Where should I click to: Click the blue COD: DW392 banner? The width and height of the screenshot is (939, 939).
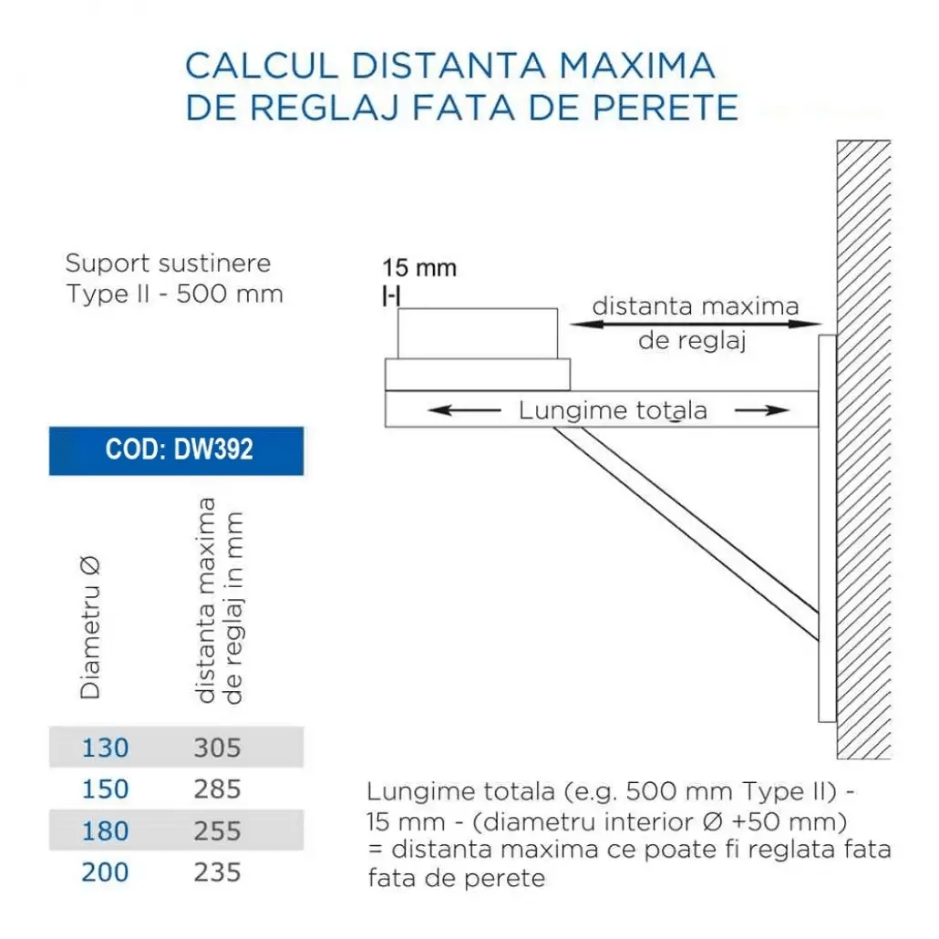coord(176,450)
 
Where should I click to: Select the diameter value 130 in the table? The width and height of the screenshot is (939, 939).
coord(106,748)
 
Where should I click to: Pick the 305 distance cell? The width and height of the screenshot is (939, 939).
coord(217,748)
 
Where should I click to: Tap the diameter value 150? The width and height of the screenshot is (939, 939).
coord(106,789)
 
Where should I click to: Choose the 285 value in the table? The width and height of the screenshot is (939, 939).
coord(217,789)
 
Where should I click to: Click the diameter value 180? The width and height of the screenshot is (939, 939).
coord(106,831)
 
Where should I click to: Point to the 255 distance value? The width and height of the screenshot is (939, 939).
coord(217,831)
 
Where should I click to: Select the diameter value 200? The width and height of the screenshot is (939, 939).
coord(106,872)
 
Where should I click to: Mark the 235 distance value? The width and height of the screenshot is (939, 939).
coord(217,872)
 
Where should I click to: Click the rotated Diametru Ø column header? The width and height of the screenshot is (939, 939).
coord(90,628)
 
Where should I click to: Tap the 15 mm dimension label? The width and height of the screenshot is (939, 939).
coord(419,269)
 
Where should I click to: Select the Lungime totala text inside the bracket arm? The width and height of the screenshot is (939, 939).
coord(613,410)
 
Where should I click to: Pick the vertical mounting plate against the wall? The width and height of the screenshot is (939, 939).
coord(827,529)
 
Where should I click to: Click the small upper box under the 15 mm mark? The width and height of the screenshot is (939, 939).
coord(478,334)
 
